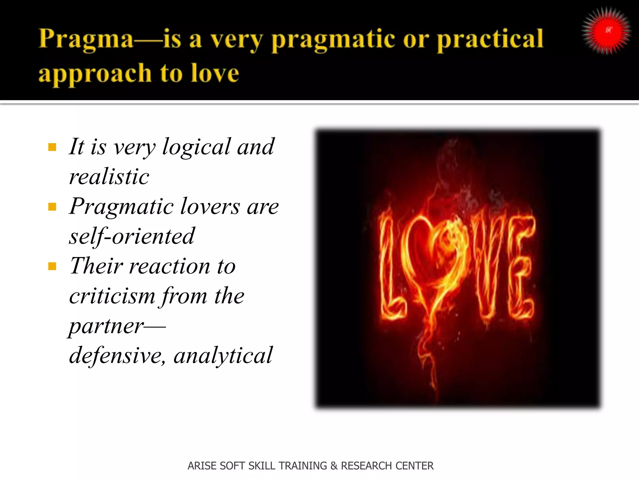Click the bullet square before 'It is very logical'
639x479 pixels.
[x=52, y=147]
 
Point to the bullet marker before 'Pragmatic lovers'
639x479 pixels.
[x=52, y=207]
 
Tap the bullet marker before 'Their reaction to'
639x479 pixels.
[x=52, y=266]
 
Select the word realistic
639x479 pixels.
[x=109, y=177]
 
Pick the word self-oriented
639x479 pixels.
[x=132, y=236]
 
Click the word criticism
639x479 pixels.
[x=112, y=296]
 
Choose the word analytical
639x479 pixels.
[x=223, y=356]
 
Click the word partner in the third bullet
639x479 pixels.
[x=106, y=326]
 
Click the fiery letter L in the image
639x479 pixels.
[x=390, y=268]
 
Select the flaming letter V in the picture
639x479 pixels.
[x=487, y=265]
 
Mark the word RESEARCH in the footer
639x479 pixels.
[x=362, y=466]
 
